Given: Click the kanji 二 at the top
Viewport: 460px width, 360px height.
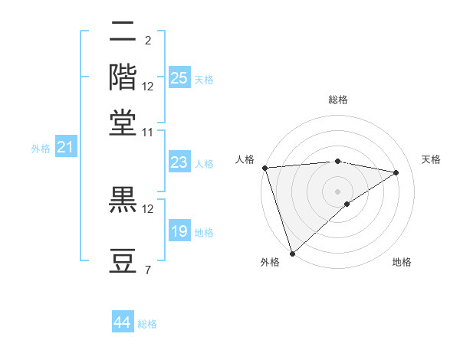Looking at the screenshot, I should point(123,33).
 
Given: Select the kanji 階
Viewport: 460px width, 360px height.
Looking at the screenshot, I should point(123,77).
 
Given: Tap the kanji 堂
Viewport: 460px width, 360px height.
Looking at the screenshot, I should point(123,122).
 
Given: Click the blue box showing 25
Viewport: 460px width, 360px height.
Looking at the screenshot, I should point(179,78).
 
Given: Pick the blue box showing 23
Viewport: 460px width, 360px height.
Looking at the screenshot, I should point(179,162).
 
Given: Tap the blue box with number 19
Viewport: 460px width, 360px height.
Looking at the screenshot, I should point(179,232).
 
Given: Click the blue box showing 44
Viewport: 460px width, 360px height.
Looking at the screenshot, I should point(123,322).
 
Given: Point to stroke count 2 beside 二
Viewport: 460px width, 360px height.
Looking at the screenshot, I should point(147,41).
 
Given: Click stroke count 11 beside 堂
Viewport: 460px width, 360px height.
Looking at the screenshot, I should point(148,131).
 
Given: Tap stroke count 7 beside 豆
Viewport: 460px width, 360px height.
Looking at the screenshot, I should point(147,269).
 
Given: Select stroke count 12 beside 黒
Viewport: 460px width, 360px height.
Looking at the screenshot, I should point(148,208).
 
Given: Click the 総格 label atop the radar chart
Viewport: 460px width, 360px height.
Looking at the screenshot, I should point(337,100).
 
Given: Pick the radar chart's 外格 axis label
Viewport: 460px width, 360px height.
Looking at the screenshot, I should point(270,262).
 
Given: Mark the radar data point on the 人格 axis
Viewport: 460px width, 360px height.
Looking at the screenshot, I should point(264,168).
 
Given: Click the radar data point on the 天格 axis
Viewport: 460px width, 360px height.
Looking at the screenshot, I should point(396,173).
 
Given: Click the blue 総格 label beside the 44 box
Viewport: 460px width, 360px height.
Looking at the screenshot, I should point(147,324).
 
